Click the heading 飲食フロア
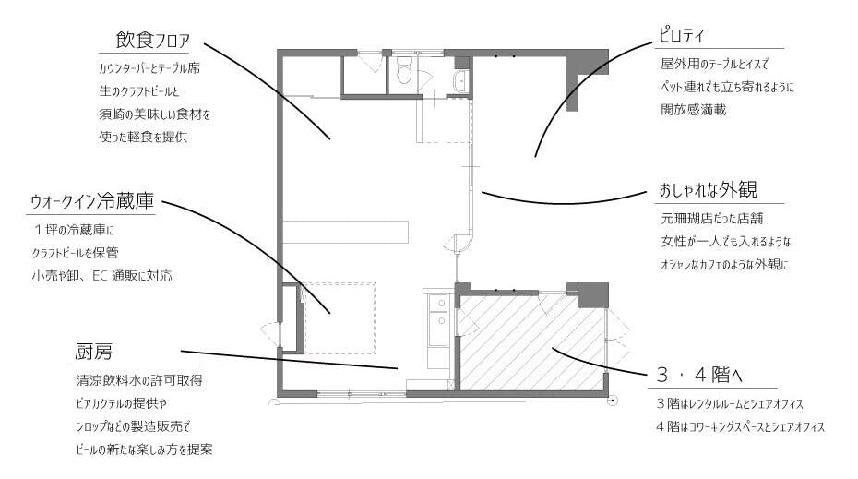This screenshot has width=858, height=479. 152,41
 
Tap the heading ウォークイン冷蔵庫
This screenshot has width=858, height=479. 92,201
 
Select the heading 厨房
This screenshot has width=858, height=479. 93,352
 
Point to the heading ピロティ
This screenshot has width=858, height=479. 681,36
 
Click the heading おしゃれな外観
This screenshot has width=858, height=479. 708,190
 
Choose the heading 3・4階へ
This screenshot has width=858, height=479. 698,376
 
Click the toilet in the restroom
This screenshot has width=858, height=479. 404,71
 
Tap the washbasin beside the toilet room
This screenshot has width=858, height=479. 462,81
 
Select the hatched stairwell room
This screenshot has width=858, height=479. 531,342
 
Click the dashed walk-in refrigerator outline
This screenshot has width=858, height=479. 340,318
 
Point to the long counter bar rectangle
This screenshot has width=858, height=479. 345,232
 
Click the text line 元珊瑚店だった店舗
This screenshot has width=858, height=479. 712,219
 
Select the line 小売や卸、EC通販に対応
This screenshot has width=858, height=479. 101,275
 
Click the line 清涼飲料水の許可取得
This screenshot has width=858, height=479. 139,380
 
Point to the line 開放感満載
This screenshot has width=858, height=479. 693,110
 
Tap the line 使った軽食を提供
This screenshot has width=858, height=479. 143,137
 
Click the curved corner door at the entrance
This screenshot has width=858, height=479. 461,243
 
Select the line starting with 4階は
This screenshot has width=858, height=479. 740,426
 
